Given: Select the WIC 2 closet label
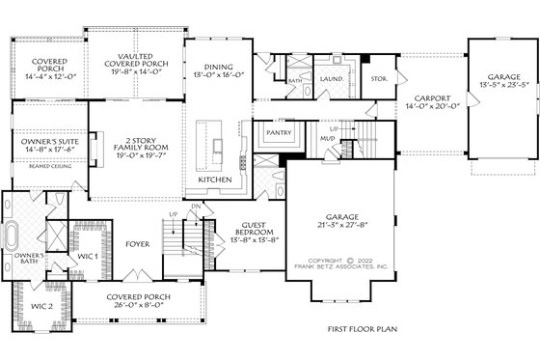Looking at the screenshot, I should [41, 306].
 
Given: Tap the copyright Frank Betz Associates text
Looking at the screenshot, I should [346, 263].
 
